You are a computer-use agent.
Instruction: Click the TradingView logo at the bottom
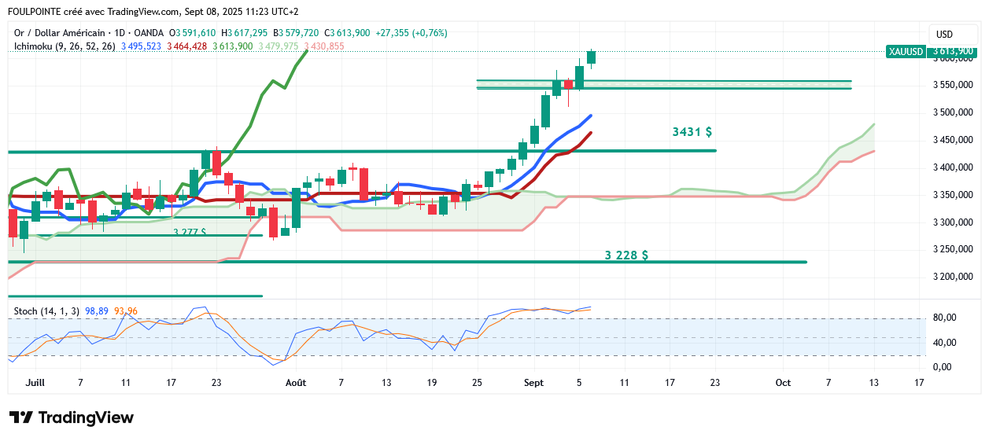pos(72,417)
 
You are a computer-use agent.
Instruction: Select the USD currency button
pos(945,35)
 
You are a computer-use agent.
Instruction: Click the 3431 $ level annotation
pos(692,132)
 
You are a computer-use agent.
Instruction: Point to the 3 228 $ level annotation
pos(626,255)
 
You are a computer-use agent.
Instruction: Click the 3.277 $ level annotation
pos(190,233)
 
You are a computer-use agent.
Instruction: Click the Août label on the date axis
pos(296,383)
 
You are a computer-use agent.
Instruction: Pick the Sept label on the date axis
pos(533,383)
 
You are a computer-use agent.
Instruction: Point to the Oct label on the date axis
pos(783,383)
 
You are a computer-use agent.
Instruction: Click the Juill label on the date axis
pos(35,383)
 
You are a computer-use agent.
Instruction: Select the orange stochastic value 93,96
pos(126,311)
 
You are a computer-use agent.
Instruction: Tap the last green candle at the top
pos(591,57)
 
